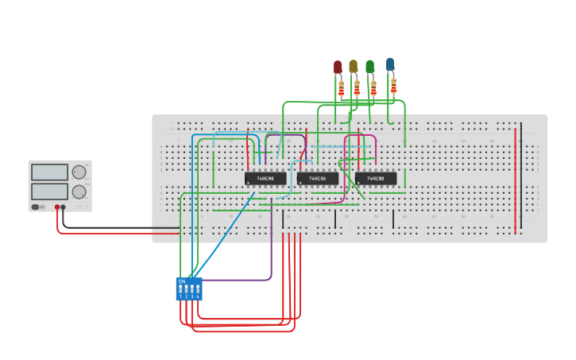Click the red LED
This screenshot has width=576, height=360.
338,67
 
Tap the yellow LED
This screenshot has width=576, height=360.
354,67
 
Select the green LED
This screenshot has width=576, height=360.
369,67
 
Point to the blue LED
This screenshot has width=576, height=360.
389,64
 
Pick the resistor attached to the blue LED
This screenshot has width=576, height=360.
392,85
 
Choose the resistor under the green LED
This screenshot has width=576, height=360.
373,88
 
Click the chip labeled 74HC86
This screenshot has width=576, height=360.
318,179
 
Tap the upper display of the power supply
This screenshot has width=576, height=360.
49,172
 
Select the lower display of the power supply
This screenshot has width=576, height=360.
49,192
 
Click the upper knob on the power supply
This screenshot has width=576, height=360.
79,172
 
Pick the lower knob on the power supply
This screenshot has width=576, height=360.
79,192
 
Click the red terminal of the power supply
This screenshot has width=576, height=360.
57,207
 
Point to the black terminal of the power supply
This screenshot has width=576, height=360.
64,207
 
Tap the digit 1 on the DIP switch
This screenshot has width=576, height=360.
180,296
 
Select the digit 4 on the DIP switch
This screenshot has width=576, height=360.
197,296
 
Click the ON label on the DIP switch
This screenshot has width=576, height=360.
182,281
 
